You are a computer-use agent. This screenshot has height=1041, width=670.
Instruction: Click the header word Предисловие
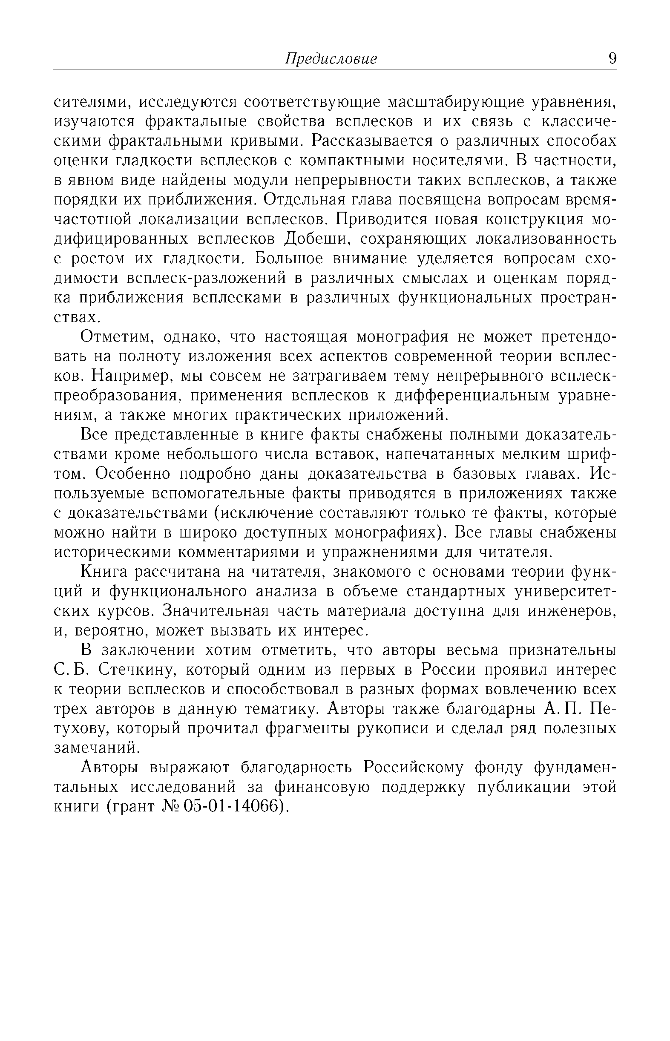(331, 59)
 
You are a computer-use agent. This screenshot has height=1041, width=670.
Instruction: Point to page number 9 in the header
(612, 58)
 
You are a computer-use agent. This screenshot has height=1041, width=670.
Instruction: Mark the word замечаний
(96, 748)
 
